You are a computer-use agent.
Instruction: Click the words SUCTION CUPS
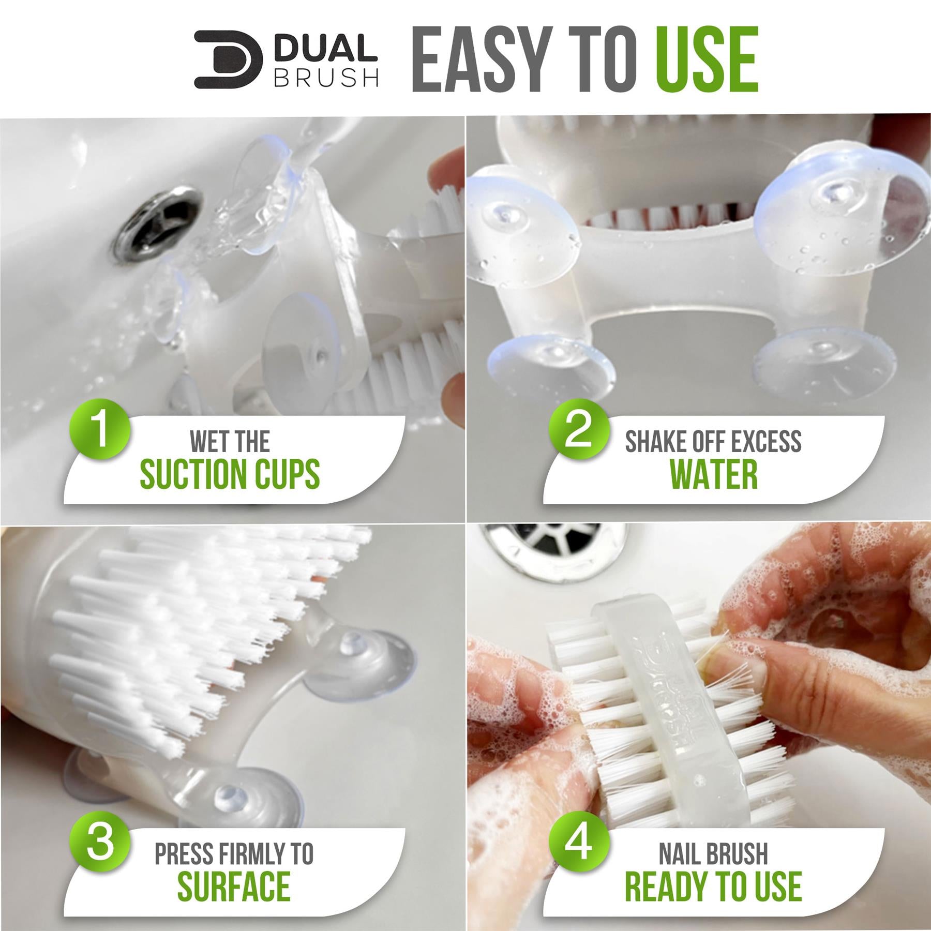[230, 474]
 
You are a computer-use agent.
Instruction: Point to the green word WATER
[714, 474]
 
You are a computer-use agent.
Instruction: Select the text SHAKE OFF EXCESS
[714, 441]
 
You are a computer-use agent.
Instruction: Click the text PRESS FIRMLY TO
[234, 853]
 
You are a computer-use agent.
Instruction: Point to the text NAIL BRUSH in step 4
[714, 853]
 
